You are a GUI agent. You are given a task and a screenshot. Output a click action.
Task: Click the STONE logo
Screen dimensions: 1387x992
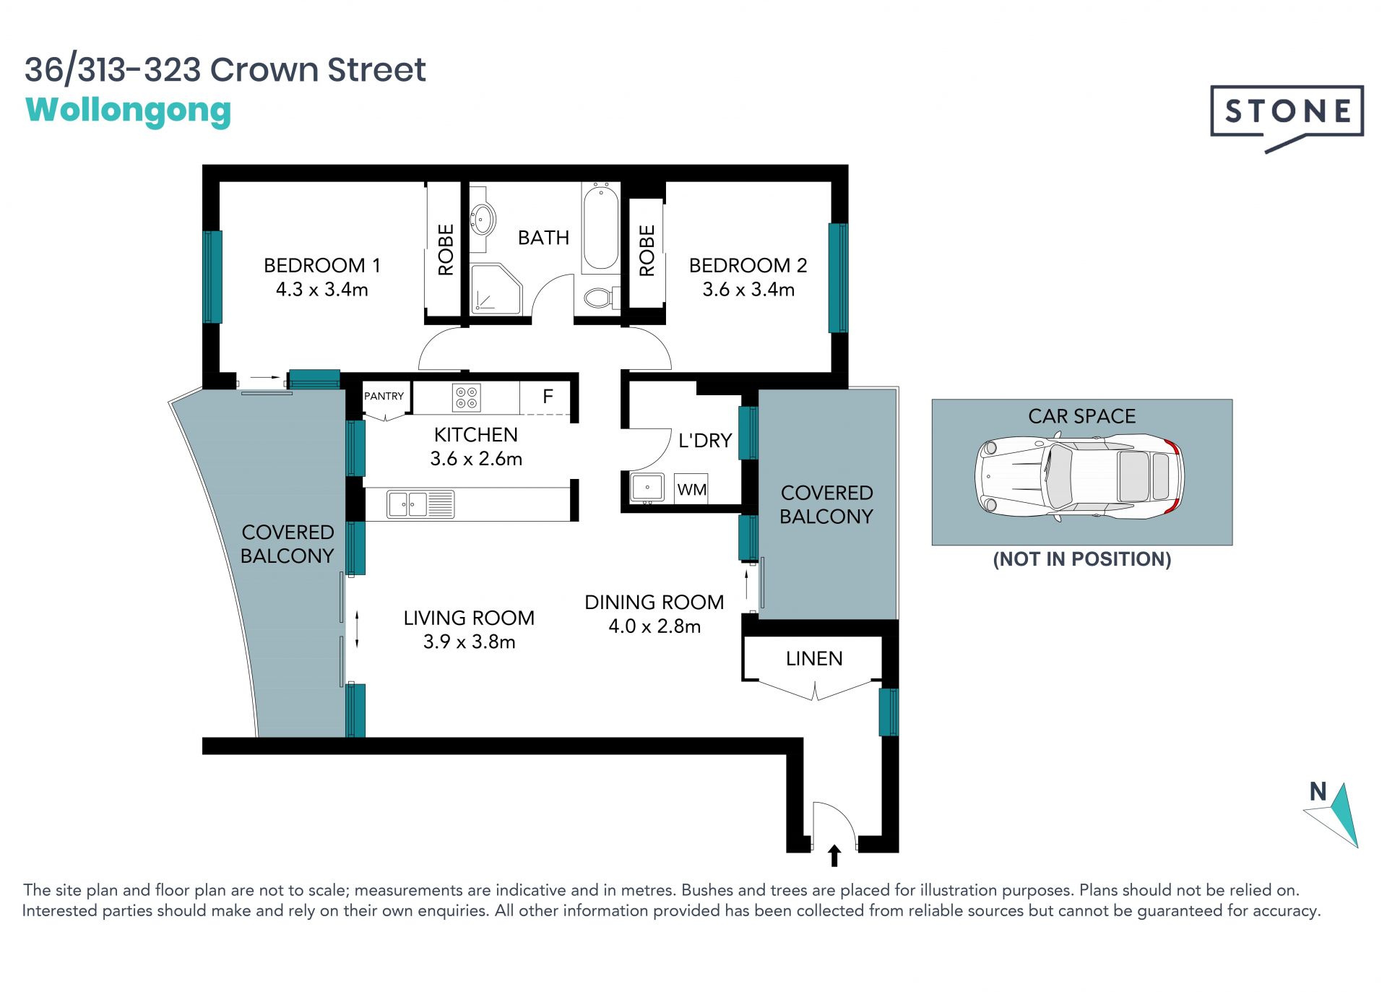(x=1287, y=116)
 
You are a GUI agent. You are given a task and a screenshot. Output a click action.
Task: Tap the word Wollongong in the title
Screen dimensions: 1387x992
(x=129, y=111)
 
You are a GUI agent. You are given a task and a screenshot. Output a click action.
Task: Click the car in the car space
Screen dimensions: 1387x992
(x=1080, y=477)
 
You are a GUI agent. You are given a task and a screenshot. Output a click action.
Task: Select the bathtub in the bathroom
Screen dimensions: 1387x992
(x=600, y=227)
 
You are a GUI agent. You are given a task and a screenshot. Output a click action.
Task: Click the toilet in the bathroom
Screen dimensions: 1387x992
(x=601, y=297)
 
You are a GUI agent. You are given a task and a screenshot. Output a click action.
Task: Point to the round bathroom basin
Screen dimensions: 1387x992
(x=483, y=218)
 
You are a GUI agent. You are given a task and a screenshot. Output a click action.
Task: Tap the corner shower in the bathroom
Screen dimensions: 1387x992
(x=496, y=289)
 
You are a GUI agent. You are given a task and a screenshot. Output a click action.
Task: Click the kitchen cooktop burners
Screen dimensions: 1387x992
(x=466, y=397)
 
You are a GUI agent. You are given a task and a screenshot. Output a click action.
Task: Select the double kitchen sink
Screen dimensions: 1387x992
(x=420, y=504)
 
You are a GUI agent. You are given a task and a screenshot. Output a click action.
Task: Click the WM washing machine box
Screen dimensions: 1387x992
(x=691, y=489)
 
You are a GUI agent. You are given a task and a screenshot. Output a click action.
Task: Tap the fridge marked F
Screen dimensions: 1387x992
(x=548, y=397)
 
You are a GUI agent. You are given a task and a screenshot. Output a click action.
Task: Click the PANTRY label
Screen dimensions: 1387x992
(x=384, y=396)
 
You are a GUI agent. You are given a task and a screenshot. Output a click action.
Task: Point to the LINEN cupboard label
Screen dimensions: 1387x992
(x=814, y=659)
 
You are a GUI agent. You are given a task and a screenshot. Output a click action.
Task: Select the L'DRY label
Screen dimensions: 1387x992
(x=705, y=441)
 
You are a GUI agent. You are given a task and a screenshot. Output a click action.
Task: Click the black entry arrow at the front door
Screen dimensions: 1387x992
(x=834, y=855)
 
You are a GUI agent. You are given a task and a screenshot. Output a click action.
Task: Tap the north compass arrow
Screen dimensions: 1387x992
(x=1334, y=814)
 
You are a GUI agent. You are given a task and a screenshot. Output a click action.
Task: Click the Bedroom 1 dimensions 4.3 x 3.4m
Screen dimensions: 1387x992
(x=322, y=290)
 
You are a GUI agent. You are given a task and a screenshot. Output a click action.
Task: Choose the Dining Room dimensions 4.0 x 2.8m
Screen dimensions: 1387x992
(x=654, y=626)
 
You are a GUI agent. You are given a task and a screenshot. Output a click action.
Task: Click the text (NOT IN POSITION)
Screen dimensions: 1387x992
(x=1082, y=559)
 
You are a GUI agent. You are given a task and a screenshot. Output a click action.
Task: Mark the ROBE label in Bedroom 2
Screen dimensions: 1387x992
(x=647, y=251)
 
